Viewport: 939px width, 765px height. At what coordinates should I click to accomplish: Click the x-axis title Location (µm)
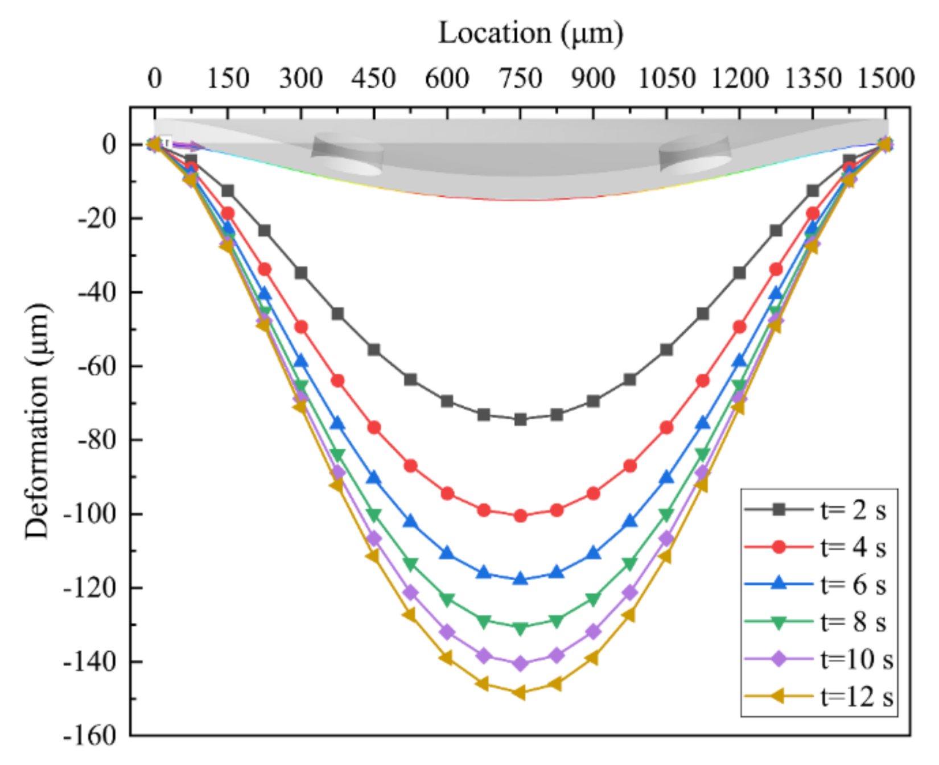pyautogui.click(x=530, y=33)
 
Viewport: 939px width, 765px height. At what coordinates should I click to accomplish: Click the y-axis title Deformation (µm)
pyautogui.click(x=38, y=420)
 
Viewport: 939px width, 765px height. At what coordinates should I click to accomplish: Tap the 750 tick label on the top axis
pyautogui.click(x=520, y=78)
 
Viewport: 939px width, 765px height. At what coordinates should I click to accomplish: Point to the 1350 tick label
pyautogui.click(x=812, y=78)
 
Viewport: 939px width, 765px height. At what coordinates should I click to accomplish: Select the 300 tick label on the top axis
pyautogui.click(x=301, y=78)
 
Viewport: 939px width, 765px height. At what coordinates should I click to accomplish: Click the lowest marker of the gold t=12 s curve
pyautogui.click(x=520, y=693)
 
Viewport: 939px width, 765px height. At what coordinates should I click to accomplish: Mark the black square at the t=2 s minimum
pyautogui.click(x=520, y=420)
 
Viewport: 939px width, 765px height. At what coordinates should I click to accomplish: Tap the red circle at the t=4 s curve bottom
pyautogui.click(x=520, y=516)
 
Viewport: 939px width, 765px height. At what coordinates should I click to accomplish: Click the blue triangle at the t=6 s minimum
pyautogui.click(x=520, y=579)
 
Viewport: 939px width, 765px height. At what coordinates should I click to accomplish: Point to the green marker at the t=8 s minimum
pyautogui.click(x=520, y=628)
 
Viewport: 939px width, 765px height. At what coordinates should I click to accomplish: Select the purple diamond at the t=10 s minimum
pyautogui.click(x=520, y=663)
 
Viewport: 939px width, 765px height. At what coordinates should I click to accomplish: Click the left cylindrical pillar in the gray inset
pyautogui.click(x=348, y=154)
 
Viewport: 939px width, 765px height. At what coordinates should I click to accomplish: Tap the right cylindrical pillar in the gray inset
pyautogui.click(x=695, y=154)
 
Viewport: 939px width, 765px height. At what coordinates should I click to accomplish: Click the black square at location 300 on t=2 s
pyautogui.click(x=301, y=274)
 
